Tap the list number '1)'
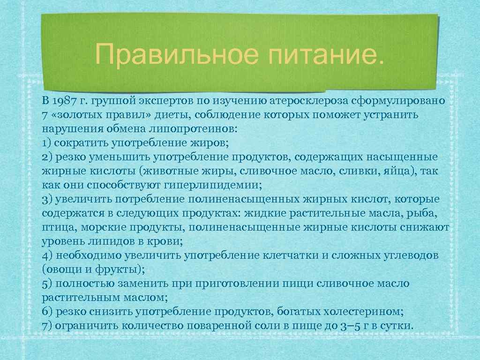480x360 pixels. coord(46,142)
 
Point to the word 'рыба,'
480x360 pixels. coord(423,214)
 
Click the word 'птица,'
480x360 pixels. coord(58,228)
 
